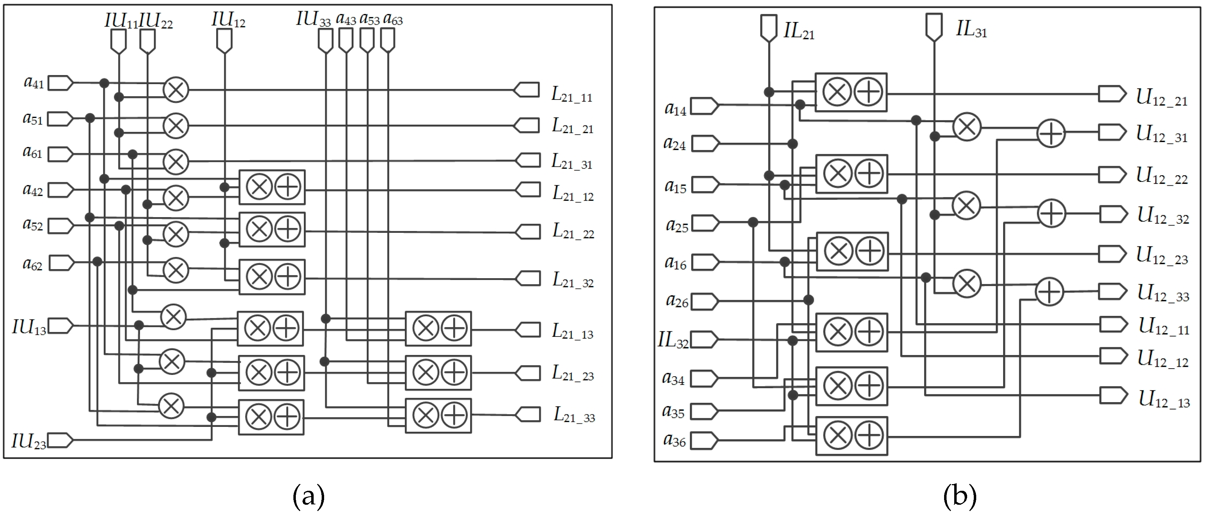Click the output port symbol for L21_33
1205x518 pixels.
tap(528, 414)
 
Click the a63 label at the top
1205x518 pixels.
tap(393, 19)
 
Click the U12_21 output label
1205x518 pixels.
tap(1161, 98)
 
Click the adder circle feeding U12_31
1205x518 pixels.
tap(1051, 133)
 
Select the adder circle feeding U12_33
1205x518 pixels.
tap(1049, 292)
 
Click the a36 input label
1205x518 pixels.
tap(674, 440)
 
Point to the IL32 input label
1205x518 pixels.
tap(673, 340)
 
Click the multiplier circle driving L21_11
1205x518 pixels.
tap(176, 90)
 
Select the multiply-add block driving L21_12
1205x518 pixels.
tap(272, 187)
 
